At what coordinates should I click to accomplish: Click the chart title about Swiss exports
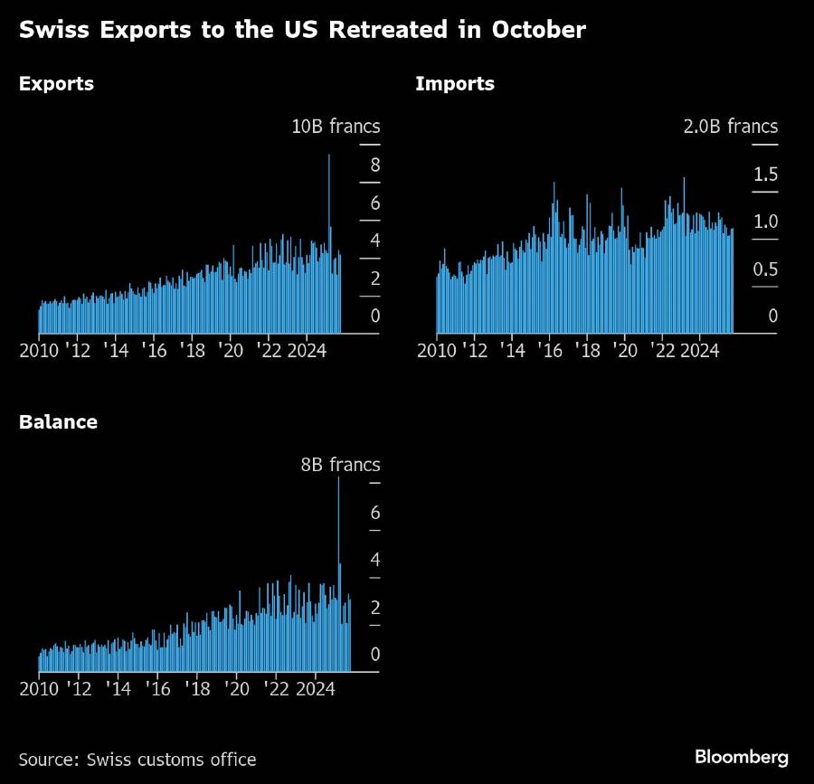[x=302, y=31]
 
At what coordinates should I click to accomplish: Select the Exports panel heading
[x=56, y=85]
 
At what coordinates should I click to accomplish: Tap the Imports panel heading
[x=455, y=85]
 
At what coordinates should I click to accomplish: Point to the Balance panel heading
[x=58, y=422]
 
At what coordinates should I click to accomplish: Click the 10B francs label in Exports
[x=336, y=127]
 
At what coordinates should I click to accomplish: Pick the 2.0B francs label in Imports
[x=730, y=127]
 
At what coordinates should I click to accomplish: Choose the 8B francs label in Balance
[x=340, y=465]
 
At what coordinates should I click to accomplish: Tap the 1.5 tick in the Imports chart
[x=765, y=175]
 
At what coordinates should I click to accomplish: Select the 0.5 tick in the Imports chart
[x=765, y=269]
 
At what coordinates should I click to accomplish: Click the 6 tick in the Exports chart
[x=374, y=203]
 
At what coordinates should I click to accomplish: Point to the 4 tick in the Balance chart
[x=374, y=560]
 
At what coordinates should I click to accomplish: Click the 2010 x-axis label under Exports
[x=38, y=350]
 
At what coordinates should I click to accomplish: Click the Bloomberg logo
[x=741, y=757]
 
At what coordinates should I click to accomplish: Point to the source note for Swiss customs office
[x=137, y=760]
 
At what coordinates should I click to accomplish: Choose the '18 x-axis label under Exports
[x=192, y=350]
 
